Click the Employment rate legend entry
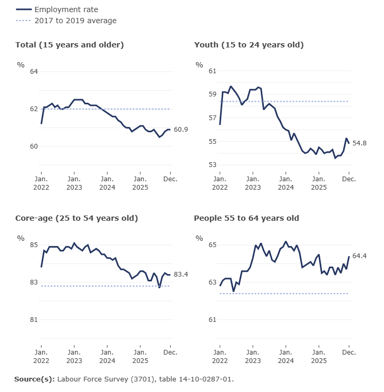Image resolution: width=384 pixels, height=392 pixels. (66, 9)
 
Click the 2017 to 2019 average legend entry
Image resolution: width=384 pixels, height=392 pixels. (75, 21)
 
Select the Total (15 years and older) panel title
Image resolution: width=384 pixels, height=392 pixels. (70, 45)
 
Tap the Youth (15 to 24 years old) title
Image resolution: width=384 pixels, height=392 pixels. (249, 45)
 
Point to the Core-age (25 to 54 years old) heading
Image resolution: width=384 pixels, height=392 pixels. (76, 218)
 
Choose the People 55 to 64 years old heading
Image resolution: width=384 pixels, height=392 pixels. (247, 218)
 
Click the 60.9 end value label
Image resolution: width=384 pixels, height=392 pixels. (181, 130)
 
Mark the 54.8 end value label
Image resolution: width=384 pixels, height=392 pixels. (359, 143)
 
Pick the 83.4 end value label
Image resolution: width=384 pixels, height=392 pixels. (181, 275)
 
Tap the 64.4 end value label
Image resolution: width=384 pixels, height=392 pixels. (359, 256)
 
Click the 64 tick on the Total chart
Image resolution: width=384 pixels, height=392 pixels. (34, 72)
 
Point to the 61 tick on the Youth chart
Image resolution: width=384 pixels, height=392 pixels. (212, 71)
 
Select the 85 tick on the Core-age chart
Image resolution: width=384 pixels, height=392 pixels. (34, 245)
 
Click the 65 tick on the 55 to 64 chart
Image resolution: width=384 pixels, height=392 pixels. (212, 245)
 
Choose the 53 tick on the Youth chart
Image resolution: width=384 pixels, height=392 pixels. (212, 165)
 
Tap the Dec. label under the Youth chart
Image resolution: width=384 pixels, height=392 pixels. (349, 179)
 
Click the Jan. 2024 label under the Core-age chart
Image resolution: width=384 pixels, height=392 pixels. (107, 356)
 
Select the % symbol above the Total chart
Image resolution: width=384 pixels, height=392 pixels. (21, 65)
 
